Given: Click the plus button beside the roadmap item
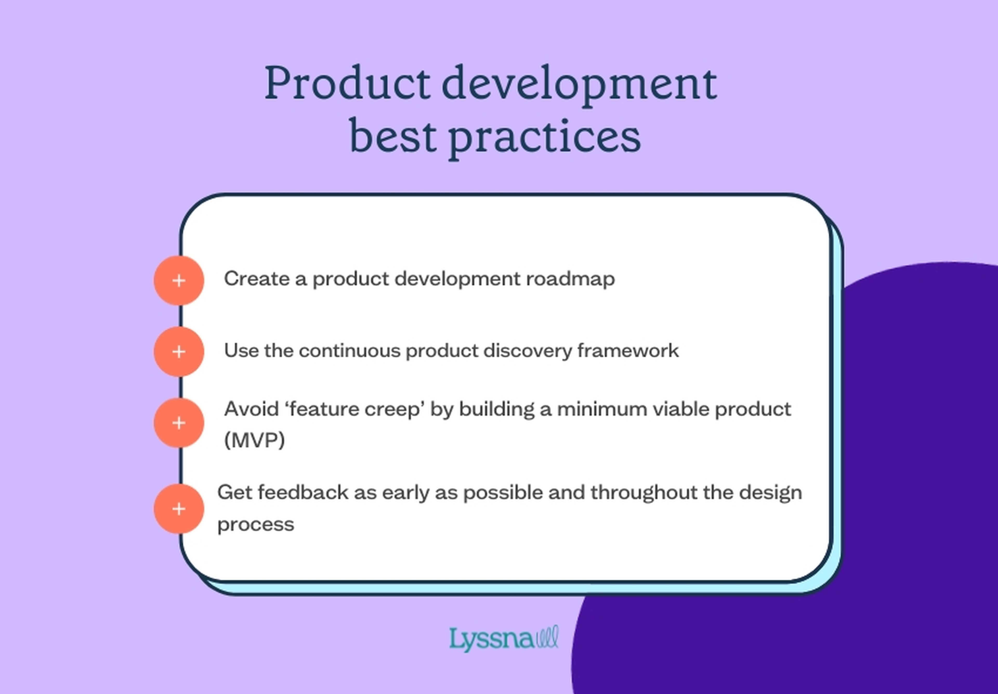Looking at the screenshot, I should [179, 280].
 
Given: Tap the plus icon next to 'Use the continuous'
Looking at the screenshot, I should [179, 351].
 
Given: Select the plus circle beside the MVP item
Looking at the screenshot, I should [179, 423].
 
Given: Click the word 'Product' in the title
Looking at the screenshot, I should [347, 83].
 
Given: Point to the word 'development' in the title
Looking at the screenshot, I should [579, 83].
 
